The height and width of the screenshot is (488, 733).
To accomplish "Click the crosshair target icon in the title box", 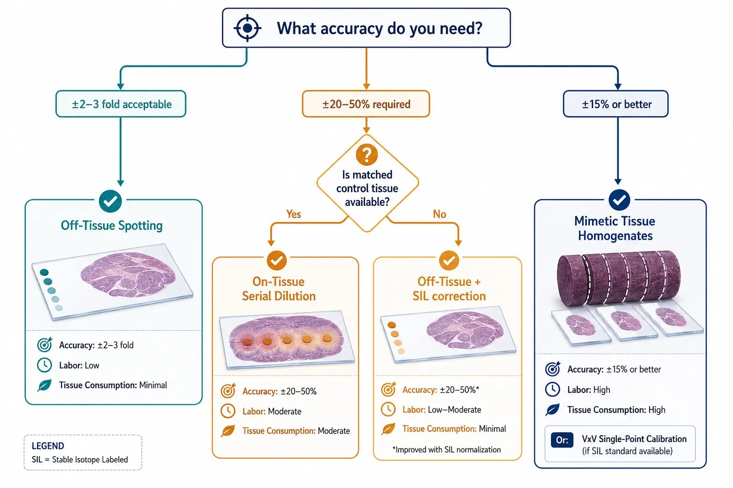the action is pyautogui.click(x=247, y=28).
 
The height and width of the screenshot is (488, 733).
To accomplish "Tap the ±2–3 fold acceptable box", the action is pyautogui.click(x=121, y=104).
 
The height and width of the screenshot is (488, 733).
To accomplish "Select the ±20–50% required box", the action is pyautogui.click(x=366, y=104).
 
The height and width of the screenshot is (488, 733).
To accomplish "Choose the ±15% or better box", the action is pyautogui.click(x=616, y=104).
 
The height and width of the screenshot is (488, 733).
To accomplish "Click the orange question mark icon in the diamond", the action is pyautogui.click(x=367, y=154).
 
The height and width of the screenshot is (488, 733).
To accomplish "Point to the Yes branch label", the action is pyautogui.click(x=293, y=214).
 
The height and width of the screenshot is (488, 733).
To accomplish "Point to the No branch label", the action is pyautogui.click(x=440, y=214).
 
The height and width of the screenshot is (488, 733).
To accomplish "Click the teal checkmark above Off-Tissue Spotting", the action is pyautogui.click(x=110, y=201).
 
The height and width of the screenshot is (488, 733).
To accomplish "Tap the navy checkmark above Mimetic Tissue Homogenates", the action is pyautogui.click(x=619, y=200).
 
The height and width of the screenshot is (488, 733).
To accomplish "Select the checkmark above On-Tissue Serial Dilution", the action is pyautogui.click(x=277, y=261).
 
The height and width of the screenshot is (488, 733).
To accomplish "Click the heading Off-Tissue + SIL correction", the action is pyautogui.click(x=449, y=289).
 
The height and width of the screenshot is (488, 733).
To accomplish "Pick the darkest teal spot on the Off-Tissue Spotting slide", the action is pyautogui.click(x=44, y=272).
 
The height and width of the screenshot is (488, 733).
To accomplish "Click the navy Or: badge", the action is pyautogui.click(x=562, y=440).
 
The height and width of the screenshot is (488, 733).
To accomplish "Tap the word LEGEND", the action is pyautogui.click(x=48, y=446).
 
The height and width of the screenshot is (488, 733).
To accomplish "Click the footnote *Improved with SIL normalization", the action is pyautogui.click(x=446, y=450).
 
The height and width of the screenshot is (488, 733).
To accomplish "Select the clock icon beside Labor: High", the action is pyautogui.click(x=552, y=389).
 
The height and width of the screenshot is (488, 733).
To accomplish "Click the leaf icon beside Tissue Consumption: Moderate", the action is pyautogui.click(x=228, y=431).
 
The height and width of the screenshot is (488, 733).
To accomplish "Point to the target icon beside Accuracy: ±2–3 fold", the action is pyautogui.click(x=44, y=345).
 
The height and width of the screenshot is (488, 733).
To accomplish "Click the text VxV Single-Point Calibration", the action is pyautogui.click(x=634, y=439).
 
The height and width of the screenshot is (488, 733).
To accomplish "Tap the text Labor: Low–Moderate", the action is pyautogui.click(x=442, y=409).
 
